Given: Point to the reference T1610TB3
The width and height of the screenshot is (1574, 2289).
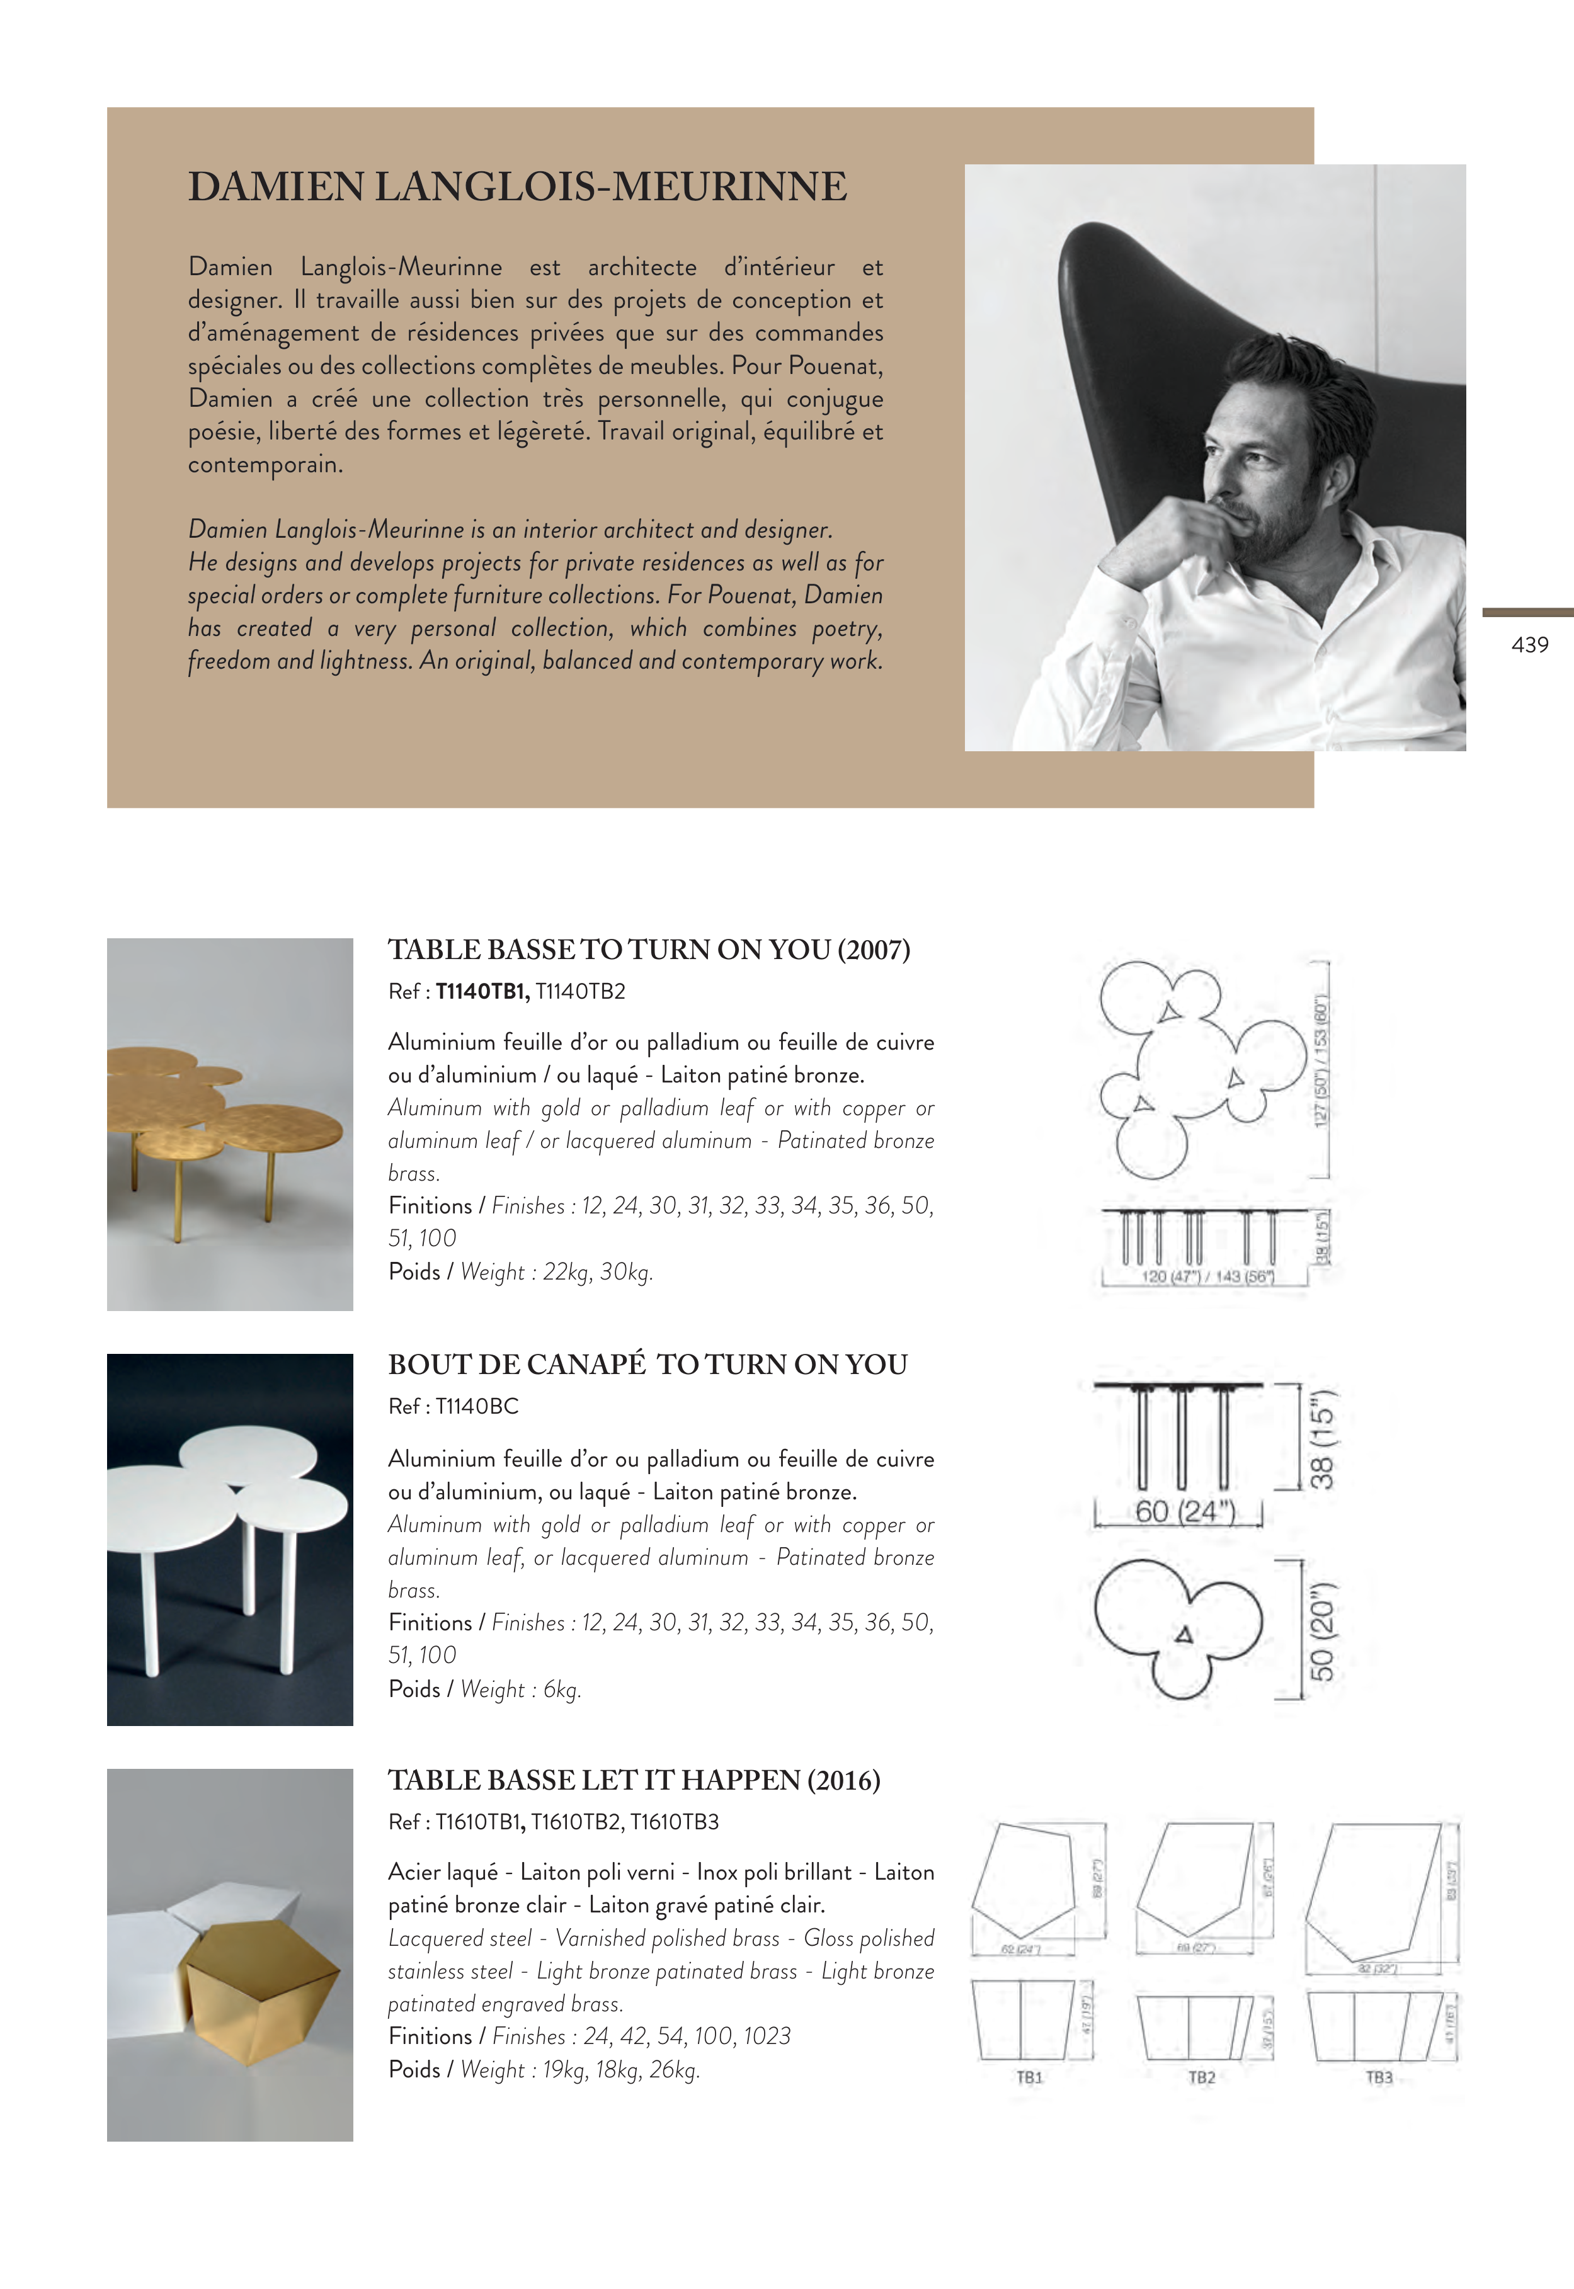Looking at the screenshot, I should coord(675,1822).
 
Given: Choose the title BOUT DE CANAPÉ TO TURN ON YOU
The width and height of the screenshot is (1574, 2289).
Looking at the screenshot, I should coord(647,1365).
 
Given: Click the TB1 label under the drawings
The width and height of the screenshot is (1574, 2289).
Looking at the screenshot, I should coord(1030,2077).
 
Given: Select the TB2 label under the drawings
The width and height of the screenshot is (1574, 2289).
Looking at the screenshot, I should coord(1201,2077).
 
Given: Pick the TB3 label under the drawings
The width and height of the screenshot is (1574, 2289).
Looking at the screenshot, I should coord(1379,2077).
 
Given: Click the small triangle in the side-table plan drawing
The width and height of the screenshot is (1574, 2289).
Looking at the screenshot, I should coord(1185,1635).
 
